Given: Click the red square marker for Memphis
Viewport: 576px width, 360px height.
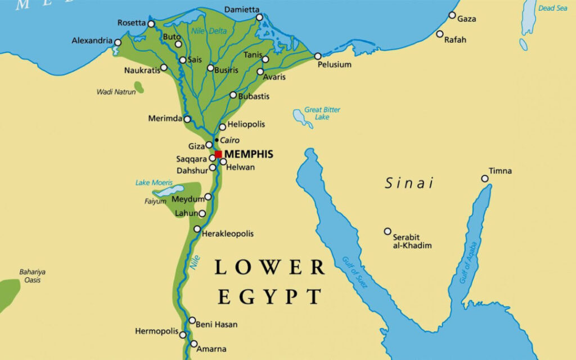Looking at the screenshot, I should [x=218, y=154].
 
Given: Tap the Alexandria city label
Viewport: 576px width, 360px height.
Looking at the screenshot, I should [x=92, y=41].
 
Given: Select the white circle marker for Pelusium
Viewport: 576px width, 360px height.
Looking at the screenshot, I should [x=318, y=56].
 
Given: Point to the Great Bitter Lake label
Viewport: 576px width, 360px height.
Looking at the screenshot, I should [x=322, y=113].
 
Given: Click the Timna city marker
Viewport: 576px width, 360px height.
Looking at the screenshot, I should [x=485, y=179].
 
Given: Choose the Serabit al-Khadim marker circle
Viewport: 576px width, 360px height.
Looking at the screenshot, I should [x=388, y=231].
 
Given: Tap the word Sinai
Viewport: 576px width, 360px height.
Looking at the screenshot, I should [x=409, y=183].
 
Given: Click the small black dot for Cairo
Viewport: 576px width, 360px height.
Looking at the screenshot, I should [x=217, y=139].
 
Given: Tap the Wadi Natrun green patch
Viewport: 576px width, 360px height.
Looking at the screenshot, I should [x=138, y=87].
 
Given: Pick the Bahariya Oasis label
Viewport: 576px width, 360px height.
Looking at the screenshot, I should [x=32, y=276].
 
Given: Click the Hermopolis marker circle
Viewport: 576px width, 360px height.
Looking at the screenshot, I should [x=183, y=335].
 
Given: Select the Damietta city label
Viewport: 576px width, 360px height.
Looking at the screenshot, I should [x=242, y=10].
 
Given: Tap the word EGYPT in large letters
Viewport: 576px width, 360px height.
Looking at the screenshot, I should [x=269, y=296].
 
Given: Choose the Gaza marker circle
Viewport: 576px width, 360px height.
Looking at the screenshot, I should [x=452, y=15].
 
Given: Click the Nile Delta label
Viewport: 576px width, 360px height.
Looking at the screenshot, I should [x=209, y=31].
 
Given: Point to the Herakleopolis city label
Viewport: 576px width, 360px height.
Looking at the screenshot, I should [x=228, y=233].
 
